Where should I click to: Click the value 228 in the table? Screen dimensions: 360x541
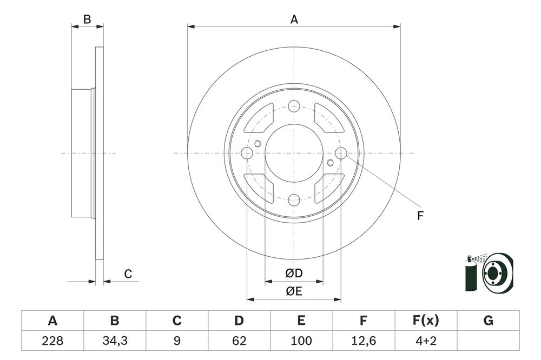[52, 341]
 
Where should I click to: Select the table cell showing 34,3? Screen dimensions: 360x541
[115, 341]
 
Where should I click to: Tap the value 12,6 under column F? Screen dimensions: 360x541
[364, 341]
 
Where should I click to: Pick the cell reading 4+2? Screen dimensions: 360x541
[426, 341]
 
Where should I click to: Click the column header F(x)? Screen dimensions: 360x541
[426, 321]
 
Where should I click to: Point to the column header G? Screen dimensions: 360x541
[488, 321]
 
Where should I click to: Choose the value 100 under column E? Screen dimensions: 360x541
[301, 341]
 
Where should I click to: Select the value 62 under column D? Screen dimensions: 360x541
[239, 341]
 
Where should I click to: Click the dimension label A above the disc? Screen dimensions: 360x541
[294, 19]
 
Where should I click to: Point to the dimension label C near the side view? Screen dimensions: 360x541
[128, 274]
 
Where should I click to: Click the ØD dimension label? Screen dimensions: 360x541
[294, 274]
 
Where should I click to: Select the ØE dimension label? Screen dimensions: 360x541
[294, 292]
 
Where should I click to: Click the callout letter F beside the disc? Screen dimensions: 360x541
[420, 216]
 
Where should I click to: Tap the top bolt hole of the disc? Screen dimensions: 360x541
[294, 106]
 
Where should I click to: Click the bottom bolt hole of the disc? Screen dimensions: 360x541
[294, 200]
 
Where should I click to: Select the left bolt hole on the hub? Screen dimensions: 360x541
[247, 154]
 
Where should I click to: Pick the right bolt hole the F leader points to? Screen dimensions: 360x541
[341, 154]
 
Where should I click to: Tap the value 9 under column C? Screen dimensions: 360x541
[177, 341]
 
